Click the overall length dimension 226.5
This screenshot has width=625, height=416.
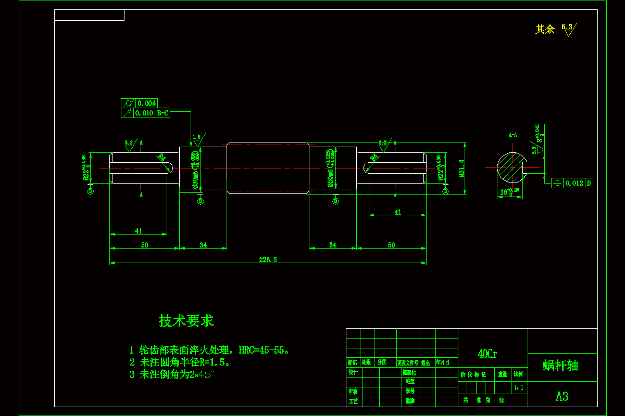(x=268, y=259)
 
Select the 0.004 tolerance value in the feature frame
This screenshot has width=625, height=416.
(x=146, y=103)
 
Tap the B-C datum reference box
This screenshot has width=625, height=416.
(x=162, y=112)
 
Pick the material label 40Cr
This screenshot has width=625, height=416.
(x=487, y=354)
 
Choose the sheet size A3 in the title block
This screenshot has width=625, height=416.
(x=562, y=396)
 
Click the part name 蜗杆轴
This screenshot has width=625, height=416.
(x=560, y=366)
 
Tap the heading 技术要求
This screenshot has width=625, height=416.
(x=186, y=321)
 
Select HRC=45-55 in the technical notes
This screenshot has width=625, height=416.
(x=263, y=350)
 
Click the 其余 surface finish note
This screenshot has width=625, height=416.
(x=545, y=29)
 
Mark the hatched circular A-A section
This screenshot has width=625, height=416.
(x=511, y=167)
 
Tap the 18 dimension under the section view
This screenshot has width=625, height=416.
(x=503, y=192)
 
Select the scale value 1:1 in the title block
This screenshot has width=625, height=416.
(x=519, y=387)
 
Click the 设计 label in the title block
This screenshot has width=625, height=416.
(x=353, y=373)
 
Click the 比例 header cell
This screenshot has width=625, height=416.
(x=519, y=374)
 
